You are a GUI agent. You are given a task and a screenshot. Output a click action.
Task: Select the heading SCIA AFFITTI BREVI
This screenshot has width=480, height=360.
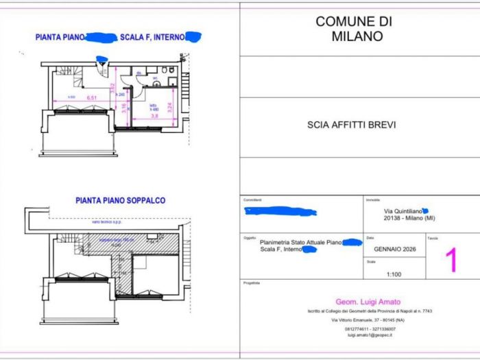point(352,125)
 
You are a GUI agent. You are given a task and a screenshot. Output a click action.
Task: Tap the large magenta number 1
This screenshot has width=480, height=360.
point(451,261)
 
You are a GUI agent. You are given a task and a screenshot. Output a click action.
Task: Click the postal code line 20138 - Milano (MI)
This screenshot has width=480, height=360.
point(409,219)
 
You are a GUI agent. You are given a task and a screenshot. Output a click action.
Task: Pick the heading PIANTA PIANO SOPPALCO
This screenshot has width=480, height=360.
point(120,201)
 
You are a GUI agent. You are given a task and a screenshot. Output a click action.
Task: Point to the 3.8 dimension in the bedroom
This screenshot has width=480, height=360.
point(155,116)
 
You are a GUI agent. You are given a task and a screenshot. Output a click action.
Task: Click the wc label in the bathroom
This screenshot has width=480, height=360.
point(156,78)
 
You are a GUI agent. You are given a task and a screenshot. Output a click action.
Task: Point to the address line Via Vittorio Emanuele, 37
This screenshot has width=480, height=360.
point(362,320)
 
